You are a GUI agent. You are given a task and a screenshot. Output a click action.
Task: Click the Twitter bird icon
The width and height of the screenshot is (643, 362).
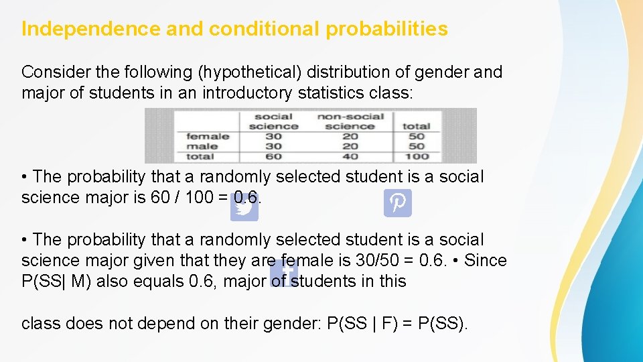click(x=244, y=208)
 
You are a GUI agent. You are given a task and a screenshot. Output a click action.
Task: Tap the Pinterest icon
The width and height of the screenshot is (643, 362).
click(x=398, y=202)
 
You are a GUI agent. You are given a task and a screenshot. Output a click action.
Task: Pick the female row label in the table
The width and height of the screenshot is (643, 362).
click(x=208, y=136)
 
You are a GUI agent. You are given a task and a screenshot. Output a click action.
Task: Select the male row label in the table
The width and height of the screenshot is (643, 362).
click(x=202, y=146)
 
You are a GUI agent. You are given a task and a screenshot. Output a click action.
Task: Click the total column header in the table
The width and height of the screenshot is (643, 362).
click(x=416, y=126)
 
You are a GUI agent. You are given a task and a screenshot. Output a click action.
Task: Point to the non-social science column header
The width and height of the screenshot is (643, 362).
click(x=350, y=121)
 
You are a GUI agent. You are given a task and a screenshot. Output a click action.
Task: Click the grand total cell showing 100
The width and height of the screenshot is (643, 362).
click(x=416, y=156)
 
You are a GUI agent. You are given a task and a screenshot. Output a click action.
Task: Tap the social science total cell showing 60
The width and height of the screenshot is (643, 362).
click(x=273, y=156)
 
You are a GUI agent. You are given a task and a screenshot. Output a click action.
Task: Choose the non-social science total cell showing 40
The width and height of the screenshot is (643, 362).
click(x=350, y=156)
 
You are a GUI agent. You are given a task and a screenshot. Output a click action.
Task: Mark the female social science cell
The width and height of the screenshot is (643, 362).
click(x=273, y=136)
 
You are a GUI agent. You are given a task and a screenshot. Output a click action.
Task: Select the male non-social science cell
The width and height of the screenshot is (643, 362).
click(x=350, y=146)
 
